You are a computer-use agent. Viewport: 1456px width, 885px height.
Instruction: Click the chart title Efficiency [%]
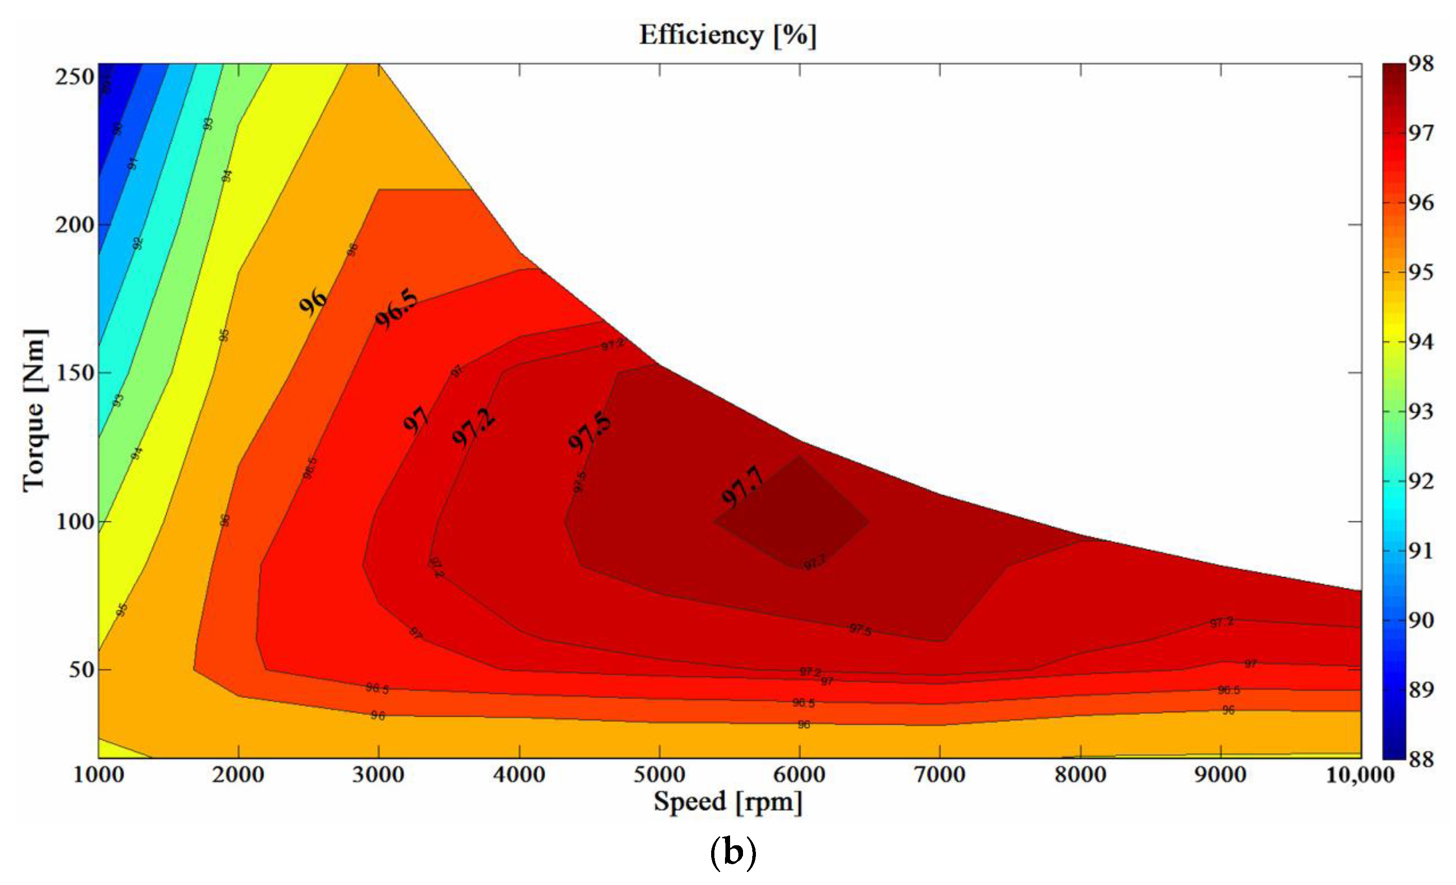coord(727,36)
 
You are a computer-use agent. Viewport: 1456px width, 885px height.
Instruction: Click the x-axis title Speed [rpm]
coord(727,802)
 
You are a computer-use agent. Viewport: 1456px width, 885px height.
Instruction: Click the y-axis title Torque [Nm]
coord(34,410)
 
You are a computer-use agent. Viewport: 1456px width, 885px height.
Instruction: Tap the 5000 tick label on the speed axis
coord(659,775)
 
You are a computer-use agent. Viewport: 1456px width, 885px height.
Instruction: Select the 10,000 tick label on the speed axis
coord(1359,775)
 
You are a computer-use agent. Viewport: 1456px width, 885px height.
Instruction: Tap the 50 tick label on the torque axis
coord(82,670)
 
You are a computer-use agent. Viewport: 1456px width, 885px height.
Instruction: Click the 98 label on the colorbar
coord(1420,64)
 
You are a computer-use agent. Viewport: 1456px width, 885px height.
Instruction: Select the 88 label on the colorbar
coord(1420,759)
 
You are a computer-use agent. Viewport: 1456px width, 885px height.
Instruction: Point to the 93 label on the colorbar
coord(1420,411)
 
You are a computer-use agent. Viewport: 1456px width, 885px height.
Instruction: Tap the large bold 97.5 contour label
coord(589,432)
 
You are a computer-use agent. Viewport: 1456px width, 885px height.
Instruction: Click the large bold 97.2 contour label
coord(473,427)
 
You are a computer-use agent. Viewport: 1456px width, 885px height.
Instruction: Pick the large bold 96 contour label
coord(312,302)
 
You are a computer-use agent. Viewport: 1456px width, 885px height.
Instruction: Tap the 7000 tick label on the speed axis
coord(940,775)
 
